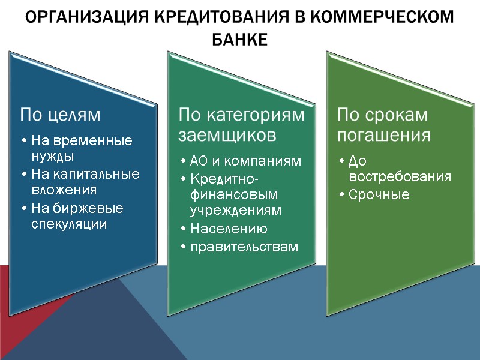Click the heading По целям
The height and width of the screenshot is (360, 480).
(60, 113)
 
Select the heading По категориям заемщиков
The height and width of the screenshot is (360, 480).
(241, 124)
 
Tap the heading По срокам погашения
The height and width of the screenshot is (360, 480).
(383, 124)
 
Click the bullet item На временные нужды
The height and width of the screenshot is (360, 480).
(80, 149)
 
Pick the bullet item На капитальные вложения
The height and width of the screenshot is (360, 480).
(84, 182)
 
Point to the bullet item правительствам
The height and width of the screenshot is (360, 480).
(244, 247)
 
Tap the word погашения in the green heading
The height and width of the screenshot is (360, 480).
(383, 134)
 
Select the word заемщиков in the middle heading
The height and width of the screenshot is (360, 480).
(227, 134)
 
